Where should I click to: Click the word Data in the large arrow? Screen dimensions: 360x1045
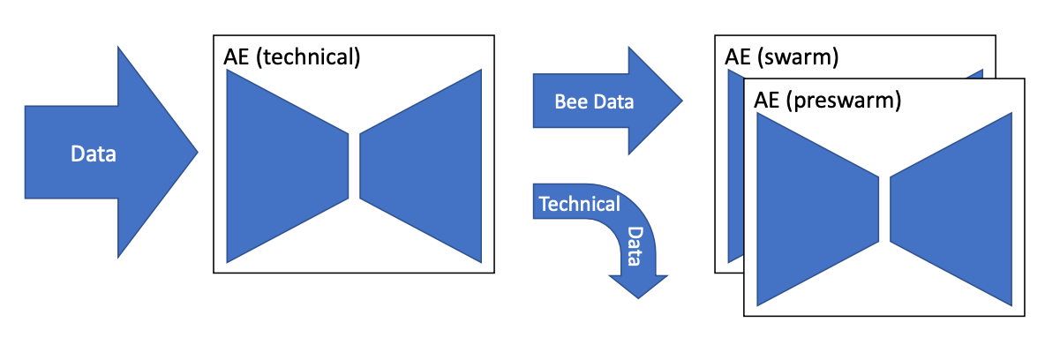[94, 154]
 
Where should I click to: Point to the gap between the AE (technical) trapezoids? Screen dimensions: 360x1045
[355, 166]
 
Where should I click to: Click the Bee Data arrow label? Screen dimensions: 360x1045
[594, 101]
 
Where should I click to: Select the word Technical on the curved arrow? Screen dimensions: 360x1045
[579, 204]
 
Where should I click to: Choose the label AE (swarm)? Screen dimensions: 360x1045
[781, 58]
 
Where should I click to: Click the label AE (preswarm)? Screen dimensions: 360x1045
[827, 100]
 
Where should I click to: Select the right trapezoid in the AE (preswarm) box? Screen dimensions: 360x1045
[952, 209]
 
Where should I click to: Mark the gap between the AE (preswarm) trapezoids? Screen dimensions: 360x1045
[885, 209]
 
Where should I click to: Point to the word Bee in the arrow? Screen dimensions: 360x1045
[570, 101]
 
